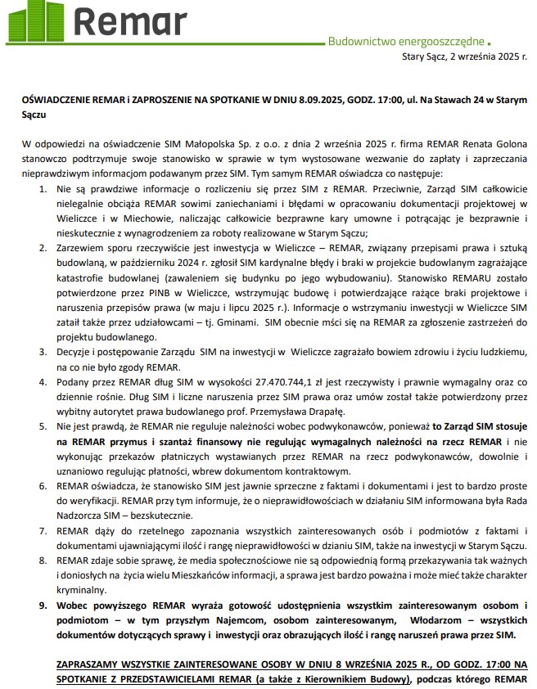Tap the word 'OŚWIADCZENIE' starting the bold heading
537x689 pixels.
pyautogui.click(x=56, y=97)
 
